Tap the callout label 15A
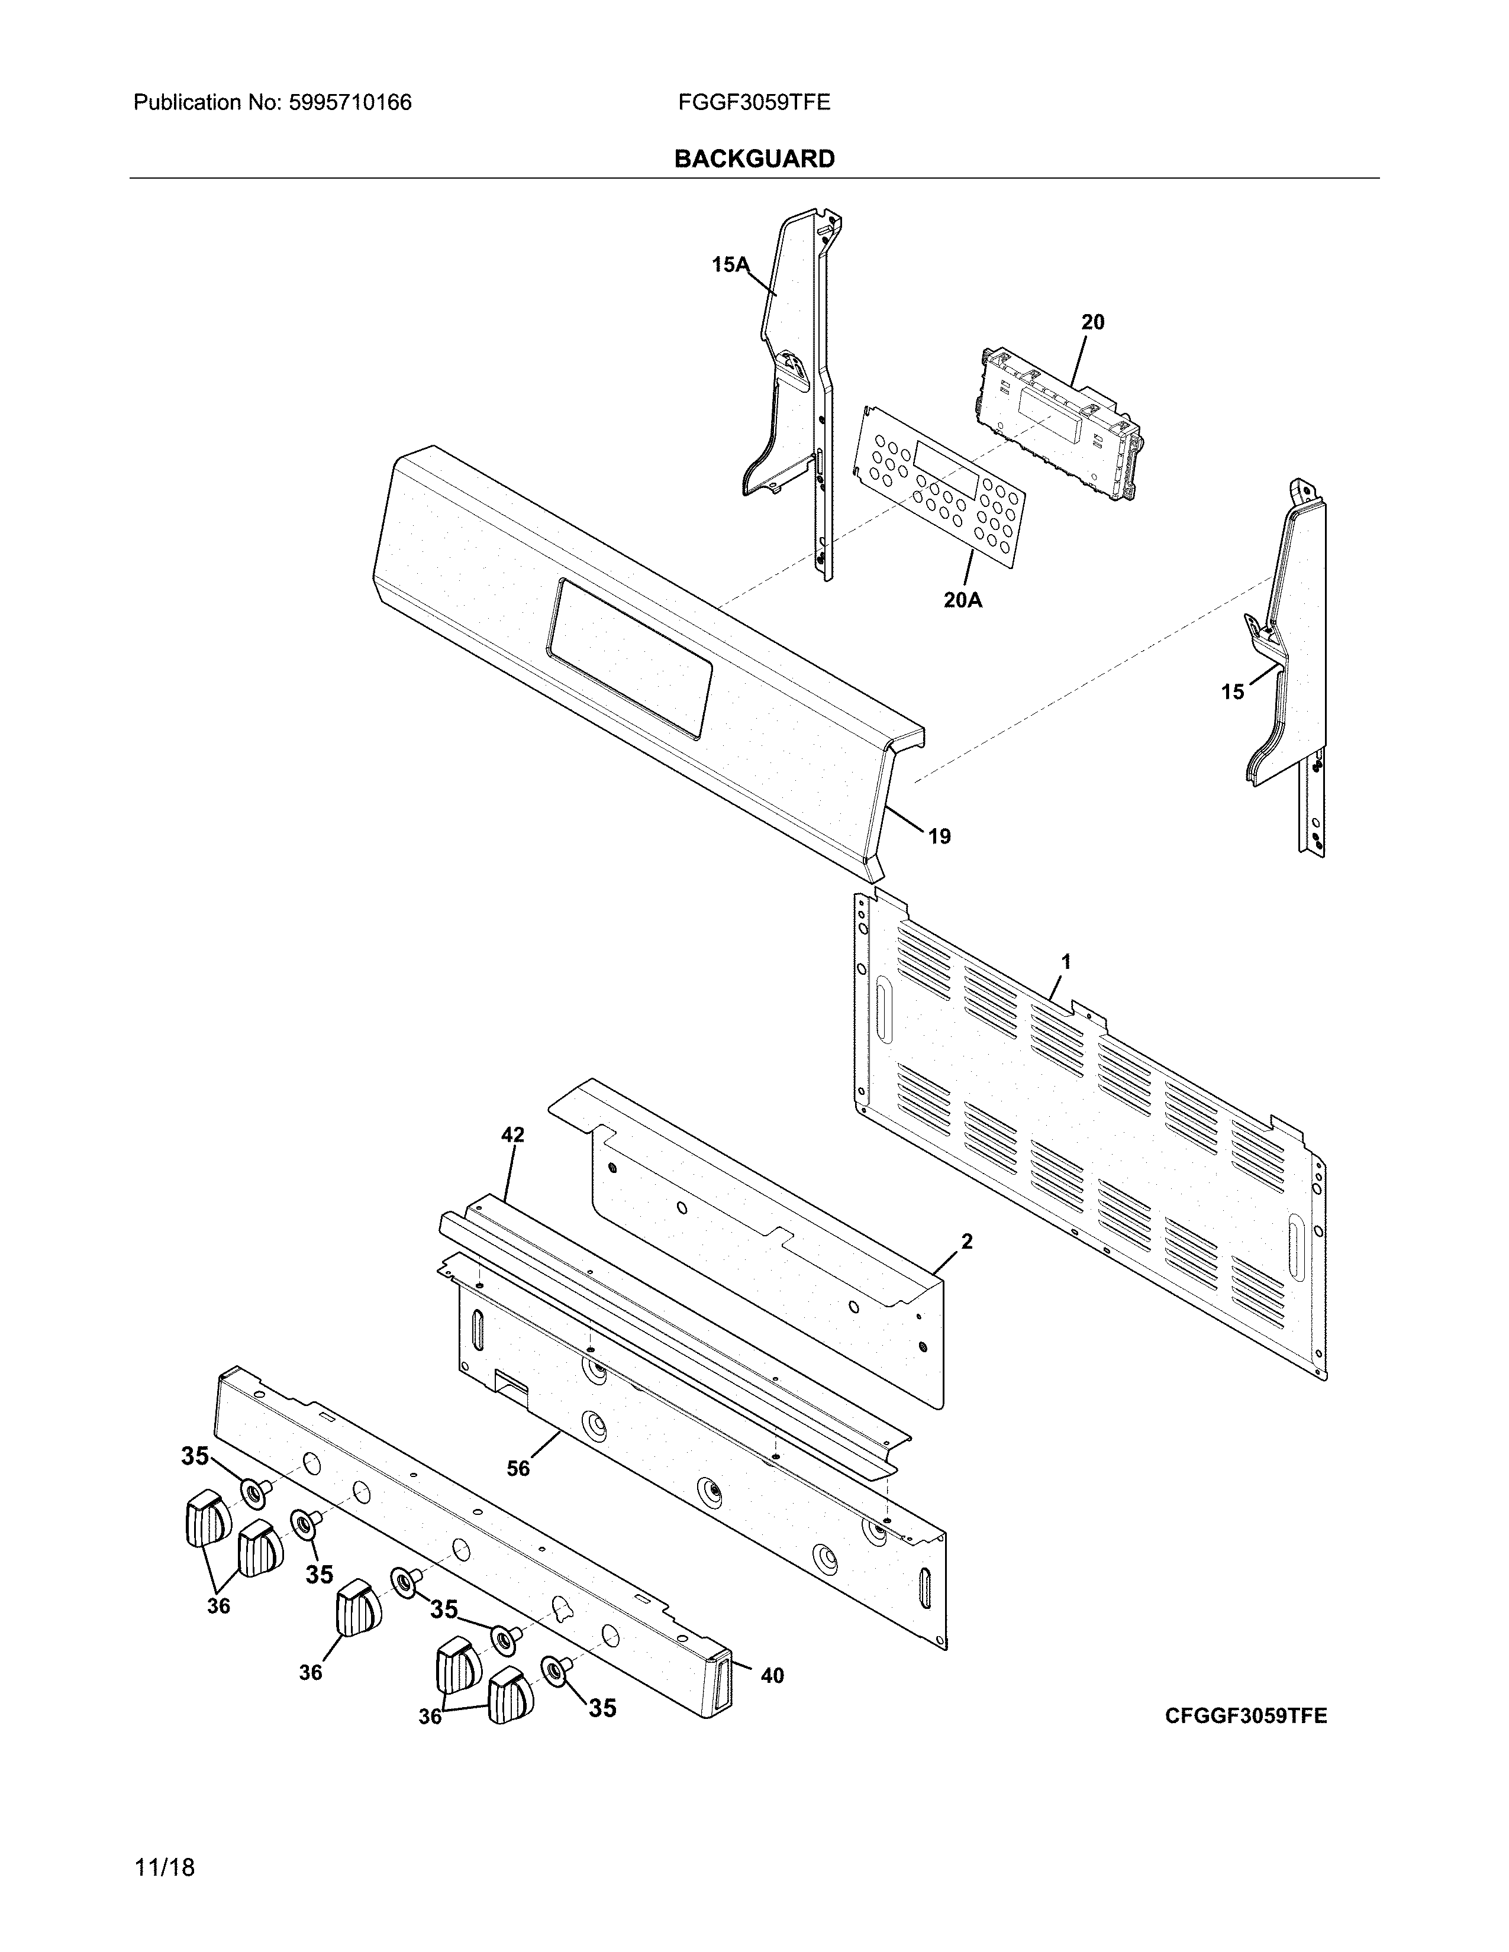(730, 264)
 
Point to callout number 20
(1092, 322)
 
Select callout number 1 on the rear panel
(1066, 962)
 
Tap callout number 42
(512, 1135)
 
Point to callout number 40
(772, 1676)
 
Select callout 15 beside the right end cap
(1232, 692)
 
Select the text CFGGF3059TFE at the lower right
(1245, 1715)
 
